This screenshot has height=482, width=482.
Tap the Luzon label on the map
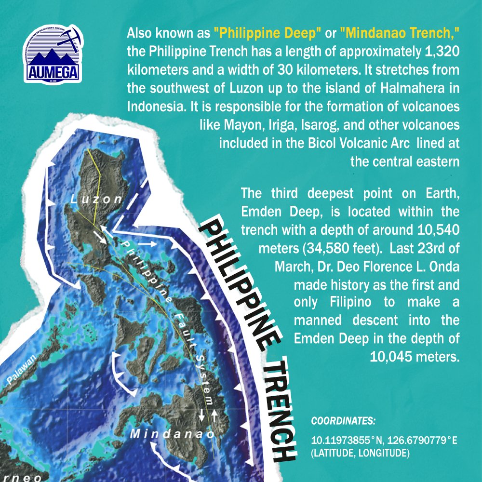coord(96,198)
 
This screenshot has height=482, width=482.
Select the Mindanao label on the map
coord(172,433)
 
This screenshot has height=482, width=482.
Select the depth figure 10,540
coord(437,230)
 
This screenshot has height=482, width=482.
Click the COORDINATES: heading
coord(343,421)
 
